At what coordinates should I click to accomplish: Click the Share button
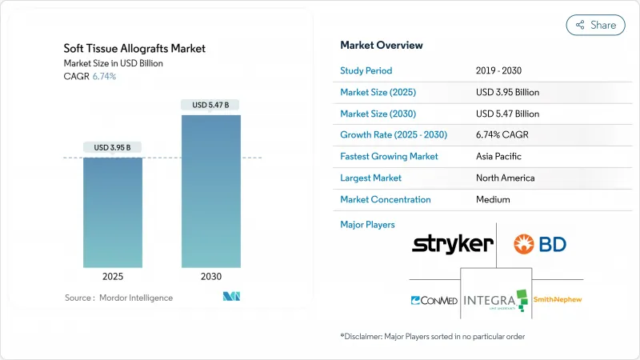[x=595, y=25]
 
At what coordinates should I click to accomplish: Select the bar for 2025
[x=113, y=212]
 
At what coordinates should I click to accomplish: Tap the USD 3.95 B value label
[x=113, y=147]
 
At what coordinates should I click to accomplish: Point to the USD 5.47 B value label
[x=210, y=105]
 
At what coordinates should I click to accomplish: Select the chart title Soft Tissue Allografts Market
[x=134, y=49]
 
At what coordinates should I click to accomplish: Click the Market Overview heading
[x=382, y=46]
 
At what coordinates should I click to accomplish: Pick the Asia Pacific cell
[x=498, y=157]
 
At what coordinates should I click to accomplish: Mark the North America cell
[x=505, y=178]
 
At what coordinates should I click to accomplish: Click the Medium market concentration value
[x=493, y=200]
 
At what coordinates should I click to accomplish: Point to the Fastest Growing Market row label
[x=389, y=157]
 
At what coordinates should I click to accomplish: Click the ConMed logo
[x=433, y=301]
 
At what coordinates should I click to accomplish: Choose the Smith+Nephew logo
[x=558, y=300]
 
